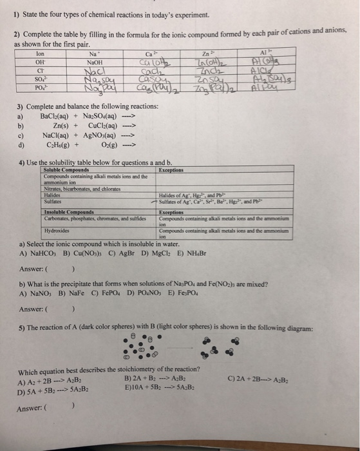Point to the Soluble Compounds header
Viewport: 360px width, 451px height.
tap(67, 171)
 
